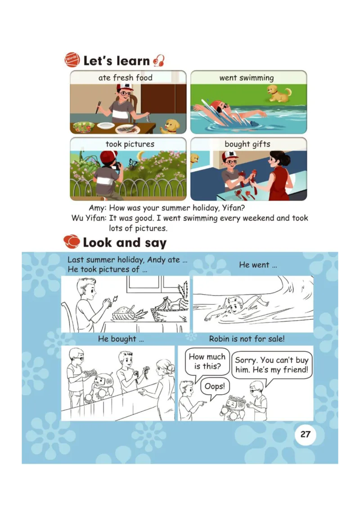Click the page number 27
click(306, 434)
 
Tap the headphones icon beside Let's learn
click(159, 61)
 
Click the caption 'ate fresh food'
click(125, 78)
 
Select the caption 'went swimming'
click(246, 78)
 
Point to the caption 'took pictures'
click(130, 144)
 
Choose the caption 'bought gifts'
click(247, 144)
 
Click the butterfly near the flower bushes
click(133, 164)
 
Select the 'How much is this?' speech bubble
click(207, 362)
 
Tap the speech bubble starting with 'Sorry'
click(271, 365)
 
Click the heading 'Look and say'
click(125, 243)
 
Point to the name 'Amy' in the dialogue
click(96, 208)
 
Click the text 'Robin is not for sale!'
click(247, 339)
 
